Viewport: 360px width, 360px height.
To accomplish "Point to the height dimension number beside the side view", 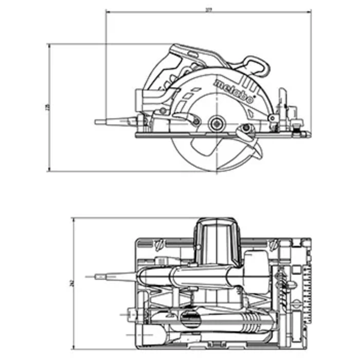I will click(46, 107).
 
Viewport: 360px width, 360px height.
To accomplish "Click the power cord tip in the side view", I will click(97, 121).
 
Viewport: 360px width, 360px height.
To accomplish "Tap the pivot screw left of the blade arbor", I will click(196, 122).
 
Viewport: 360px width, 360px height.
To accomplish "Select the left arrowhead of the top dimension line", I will click(108, 11).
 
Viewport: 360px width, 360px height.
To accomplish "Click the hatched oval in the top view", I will click(191, 317).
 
